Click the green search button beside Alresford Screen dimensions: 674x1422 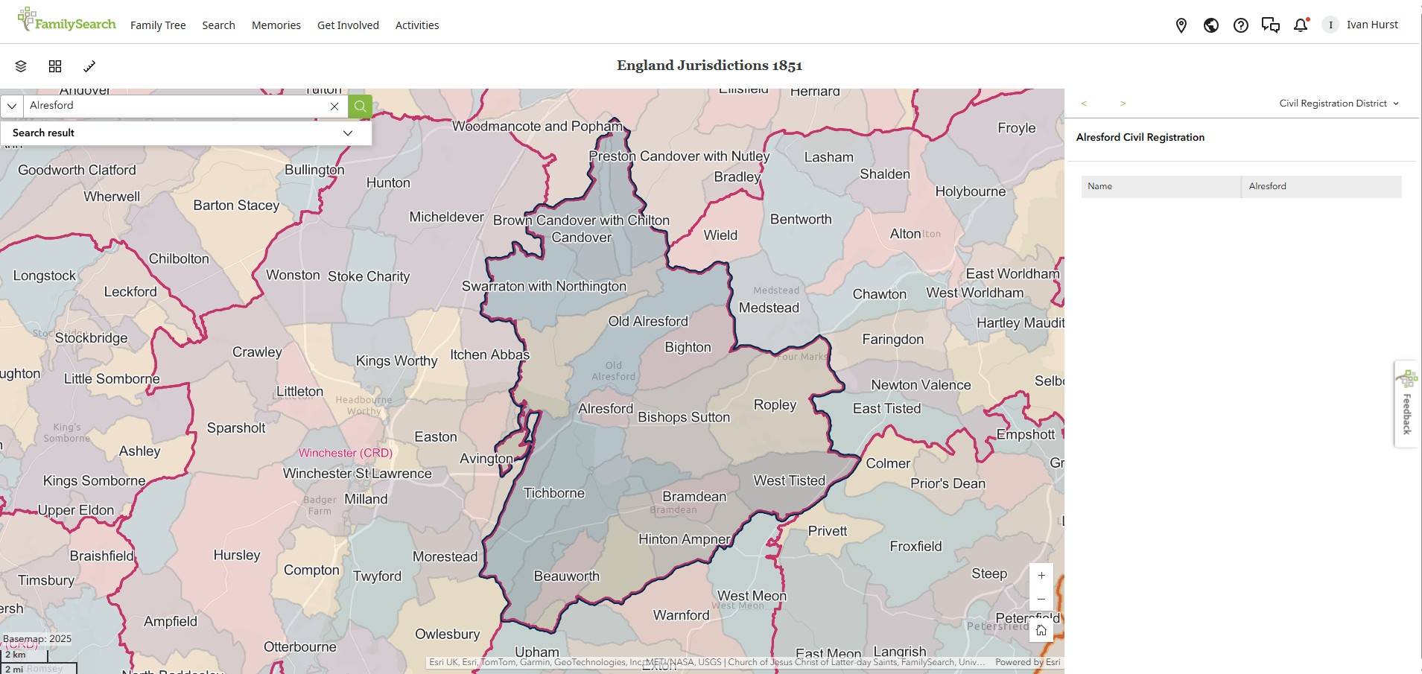click(x=360, y=106)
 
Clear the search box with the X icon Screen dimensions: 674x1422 click(x=334, y=106)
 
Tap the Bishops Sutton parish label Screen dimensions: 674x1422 click(x=684, y=418)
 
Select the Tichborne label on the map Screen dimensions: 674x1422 click(x=553, y=493)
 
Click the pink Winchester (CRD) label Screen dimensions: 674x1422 click(x=345, y=453)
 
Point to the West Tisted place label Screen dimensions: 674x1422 click(x=789, y=481)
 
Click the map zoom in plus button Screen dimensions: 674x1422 click(x=1041, y=576)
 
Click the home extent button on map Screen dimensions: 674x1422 click(x=1041, y=631)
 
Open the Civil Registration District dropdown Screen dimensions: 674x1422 click(x=1339, y=104)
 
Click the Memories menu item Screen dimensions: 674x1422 click(x=276, y=25)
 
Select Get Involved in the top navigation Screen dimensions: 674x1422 click(x=348, y=25)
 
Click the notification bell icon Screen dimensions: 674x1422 click(x=1301, y=25)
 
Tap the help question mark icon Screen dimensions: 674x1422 click(x=1241, y=25)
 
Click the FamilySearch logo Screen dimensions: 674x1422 click(x=67, y=22)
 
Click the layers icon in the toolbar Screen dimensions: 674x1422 click(x=21, y=66)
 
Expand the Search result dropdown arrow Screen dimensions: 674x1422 click(x=347, y=133)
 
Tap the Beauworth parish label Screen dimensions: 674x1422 click(x=566, y=576)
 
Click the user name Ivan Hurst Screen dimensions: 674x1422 click(x=1372, y=25)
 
